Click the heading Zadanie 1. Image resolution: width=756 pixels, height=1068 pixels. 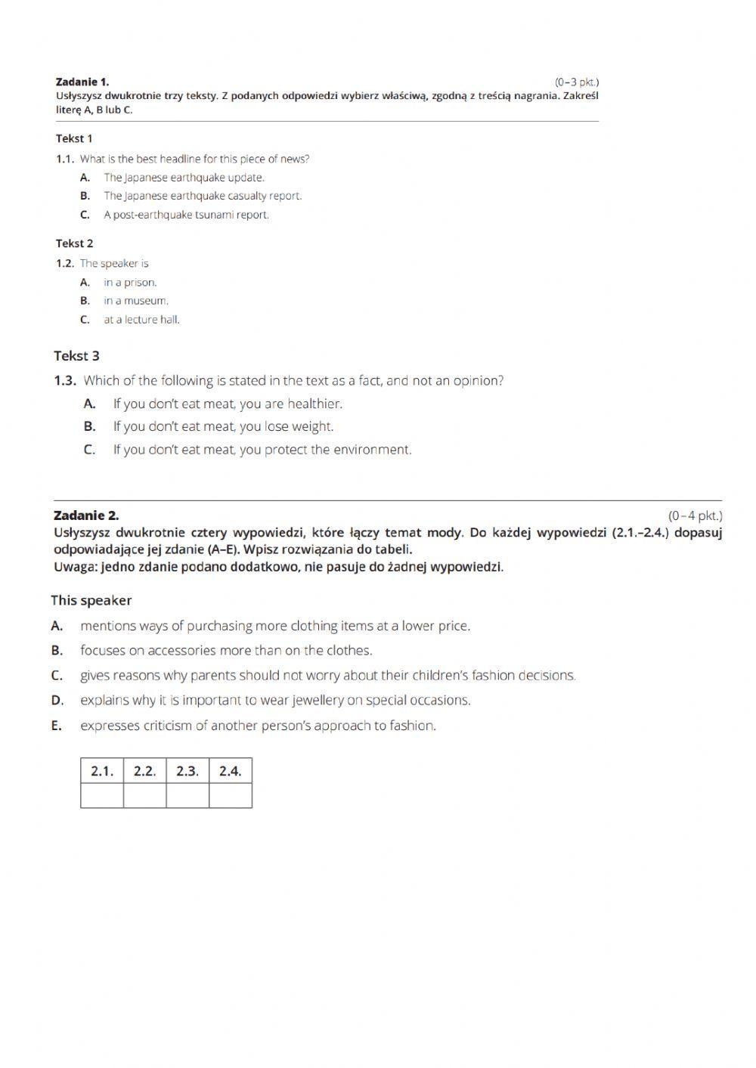click(82, 82)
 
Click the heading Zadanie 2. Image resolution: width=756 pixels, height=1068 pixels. click(86, 515)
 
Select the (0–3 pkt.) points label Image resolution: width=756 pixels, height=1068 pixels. click(576, 82)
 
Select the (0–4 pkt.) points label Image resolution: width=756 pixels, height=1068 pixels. click(695, 515)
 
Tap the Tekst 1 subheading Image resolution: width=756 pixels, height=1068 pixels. click(74, 138)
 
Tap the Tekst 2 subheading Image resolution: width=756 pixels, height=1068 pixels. click(74, 243)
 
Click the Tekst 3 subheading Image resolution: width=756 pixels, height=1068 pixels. click(76, 356)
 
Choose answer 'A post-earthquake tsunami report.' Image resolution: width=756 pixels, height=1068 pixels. click(186, 215)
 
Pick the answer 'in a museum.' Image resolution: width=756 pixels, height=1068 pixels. click(136, 301)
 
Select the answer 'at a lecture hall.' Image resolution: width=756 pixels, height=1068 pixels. click(141, 320)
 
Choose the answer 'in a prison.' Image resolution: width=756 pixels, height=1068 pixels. click(130, 283)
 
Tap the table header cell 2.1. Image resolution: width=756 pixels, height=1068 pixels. click(102, 771)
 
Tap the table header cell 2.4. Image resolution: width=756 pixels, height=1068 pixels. click(231, 771)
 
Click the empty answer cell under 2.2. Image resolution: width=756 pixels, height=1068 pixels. click(144, 796)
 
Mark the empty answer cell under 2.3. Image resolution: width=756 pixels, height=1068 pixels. click(187, 796)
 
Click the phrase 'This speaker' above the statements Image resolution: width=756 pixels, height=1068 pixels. click(91, 601)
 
